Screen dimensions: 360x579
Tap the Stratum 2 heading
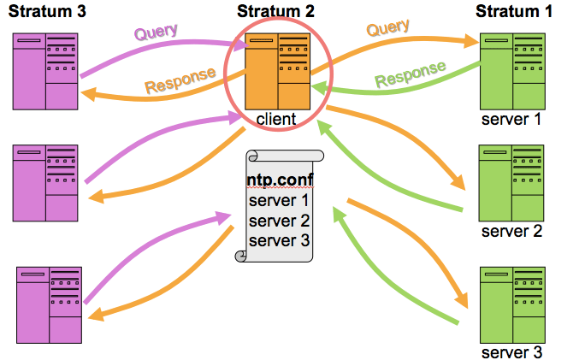(x=276, y=11)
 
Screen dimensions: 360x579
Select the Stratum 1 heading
(x=514, y=11)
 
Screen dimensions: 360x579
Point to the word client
(x=276, y=119)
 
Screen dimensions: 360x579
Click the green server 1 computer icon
(x=511, y=72)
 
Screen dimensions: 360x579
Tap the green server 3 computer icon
(x=511, y=304)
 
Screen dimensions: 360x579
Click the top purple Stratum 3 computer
(x=46, y=72)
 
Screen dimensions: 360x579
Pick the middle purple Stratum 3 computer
(x=46, y=183)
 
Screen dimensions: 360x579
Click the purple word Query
(x=156, y=32)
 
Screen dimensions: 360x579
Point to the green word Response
(x=411, y=74)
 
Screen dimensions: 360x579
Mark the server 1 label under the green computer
(x=511, y=119)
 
